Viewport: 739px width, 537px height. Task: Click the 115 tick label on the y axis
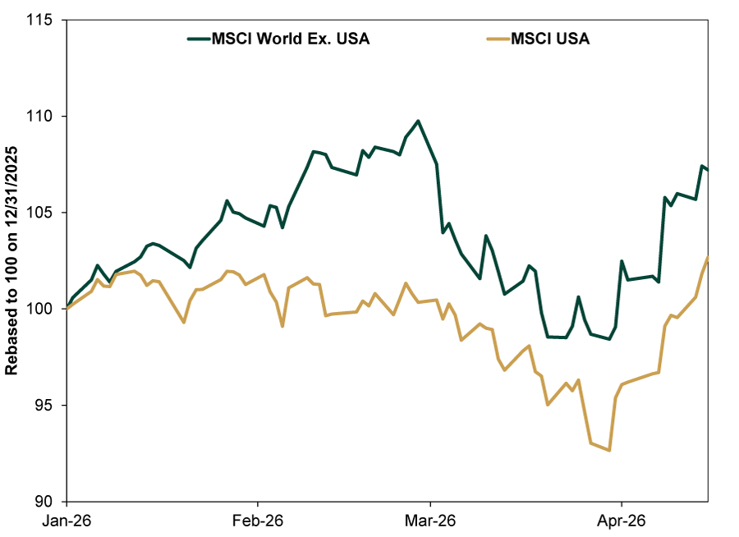pos(46,20)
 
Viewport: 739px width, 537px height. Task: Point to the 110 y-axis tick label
pos(46,116)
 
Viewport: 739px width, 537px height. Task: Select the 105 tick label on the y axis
pos(46,213)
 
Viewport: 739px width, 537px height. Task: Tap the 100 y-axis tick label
pos(46,309)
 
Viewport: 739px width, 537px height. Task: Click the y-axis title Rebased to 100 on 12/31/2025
pos(12,261)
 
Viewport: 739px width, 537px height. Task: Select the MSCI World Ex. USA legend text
pos(288,39)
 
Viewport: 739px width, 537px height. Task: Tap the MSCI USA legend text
pos(551,39)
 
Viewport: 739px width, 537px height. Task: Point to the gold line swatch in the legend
pos(494,39)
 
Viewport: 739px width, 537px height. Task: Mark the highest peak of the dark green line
pos(419,121)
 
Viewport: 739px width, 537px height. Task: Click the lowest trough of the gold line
pos(609,450)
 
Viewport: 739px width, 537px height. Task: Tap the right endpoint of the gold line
pos(708,258)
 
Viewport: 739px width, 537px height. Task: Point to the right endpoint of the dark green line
pos(708,169)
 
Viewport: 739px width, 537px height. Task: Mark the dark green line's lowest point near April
pos(609,339)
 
